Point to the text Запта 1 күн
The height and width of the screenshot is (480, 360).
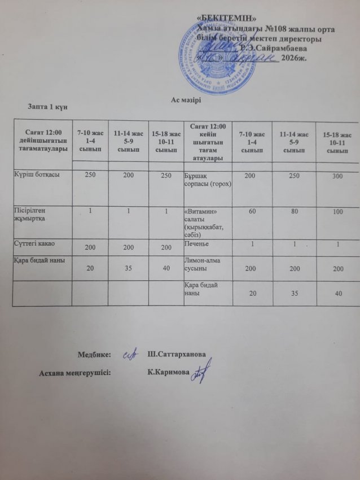tap(47, 108)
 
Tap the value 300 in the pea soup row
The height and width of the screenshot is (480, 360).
tap(337, 177)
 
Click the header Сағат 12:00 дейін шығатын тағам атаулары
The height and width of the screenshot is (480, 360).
tap(43, 140)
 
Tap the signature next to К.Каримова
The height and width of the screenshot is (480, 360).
tap(200, 372)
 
